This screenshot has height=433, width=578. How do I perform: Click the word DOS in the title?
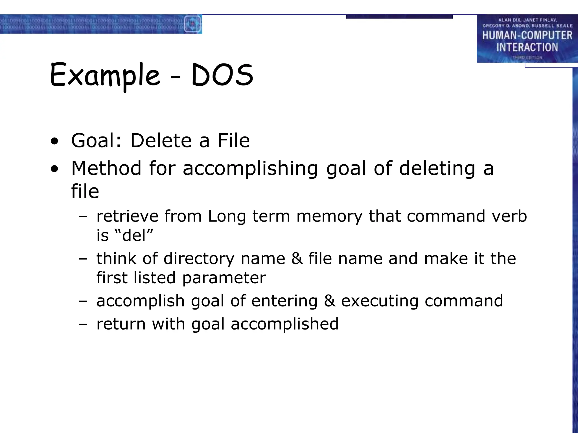coord(222,75)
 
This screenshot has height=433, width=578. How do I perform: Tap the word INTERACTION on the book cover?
coord(527,47)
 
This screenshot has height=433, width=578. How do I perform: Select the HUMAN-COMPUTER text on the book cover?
coord(527,36)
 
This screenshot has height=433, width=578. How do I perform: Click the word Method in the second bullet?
coord(106,168)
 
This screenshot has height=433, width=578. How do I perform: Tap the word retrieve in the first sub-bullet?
coord(127,216)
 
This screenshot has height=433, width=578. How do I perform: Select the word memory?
coord(329,217)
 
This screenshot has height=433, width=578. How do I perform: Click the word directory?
coord(199,259)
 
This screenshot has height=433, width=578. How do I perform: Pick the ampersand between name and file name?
coord(297,259)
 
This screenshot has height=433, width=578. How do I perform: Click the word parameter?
coord(224,278)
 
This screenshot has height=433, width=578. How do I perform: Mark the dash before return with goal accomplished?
coord(83,324)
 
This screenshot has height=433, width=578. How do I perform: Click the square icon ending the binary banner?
coord(192,24)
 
